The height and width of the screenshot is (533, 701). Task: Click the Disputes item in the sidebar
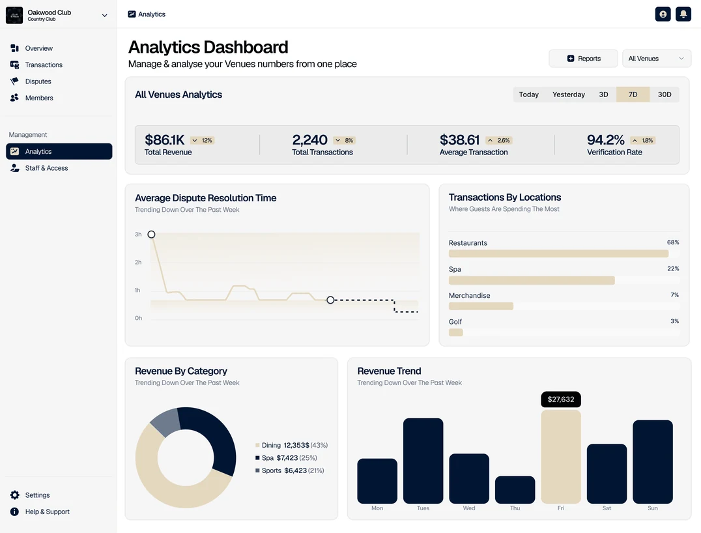coord(31,81)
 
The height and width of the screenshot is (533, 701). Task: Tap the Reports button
coord(583,59)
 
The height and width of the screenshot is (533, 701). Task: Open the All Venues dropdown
coord(656,59)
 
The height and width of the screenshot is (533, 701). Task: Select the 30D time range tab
coord(665,94)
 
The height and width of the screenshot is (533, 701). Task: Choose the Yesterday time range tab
coord(568,94)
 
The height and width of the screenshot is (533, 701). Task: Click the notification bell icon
coord(683,14)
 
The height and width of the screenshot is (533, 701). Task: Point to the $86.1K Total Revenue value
coord(165,140)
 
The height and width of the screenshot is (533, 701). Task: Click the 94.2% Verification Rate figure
coord(605,140)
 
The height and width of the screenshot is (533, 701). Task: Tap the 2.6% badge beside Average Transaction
coord(499,140)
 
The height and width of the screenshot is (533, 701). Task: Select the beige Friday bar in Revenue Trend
coord(561,457)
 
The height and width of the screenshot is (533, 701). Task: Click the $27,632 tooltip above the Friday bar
coord(561,399)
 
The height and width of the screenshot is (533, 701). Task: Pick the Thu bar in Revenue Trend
coord(515,489)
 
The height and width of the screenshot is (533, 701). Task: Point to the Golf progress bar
coord(455,333)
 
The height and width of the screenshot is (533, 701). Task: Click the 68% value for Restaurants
coord(673,242)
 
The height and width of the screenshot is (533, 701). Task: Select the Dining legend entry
coord(291,445)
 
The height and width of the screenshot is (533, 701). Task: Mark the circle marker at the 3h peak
coord(152,235)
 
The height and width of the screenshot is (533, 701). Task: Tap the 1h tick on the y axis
coord(137,290)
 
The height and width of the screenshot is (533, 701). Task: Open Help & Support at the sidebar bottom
coord(40,511)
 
